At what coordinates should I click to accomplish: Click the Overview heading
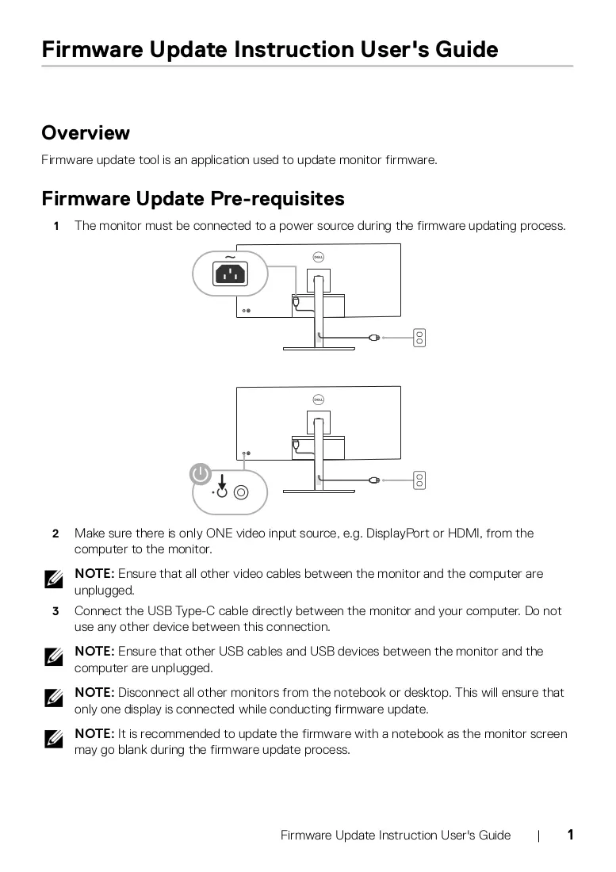pos(86,133)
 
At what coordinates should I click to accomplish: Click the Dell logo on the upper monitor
pos(319,257)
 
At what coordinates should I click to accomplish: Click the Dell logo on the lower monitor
pos(319,400)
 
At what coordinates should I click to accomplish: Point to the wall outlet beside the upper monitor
pos(419,338)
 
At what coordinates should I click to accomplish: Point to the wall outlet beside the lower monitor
pos(419,480)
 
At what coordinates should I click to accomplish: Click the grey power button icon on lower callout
pos(200,474)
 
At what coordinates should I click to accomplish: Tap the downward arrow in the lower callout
pos(222,482)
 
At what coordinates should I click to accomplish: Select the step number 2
pos(55,534)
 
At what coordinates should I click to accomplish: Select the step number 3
pos(55,612)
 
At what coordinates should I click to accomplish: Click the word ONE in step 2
pos(219,534)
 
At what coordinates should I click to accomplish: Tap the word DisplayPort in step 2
pos(397,534)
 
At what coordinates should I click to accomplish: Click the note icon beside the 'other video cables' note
pos(54,579)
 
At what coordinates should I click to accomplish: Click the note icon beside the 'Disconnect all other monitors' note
pos(54,698)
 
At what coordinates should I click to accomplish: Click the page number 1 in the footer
pos(570,835)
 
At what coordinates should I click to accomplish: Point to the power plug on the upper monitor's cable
pos(375,337)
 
